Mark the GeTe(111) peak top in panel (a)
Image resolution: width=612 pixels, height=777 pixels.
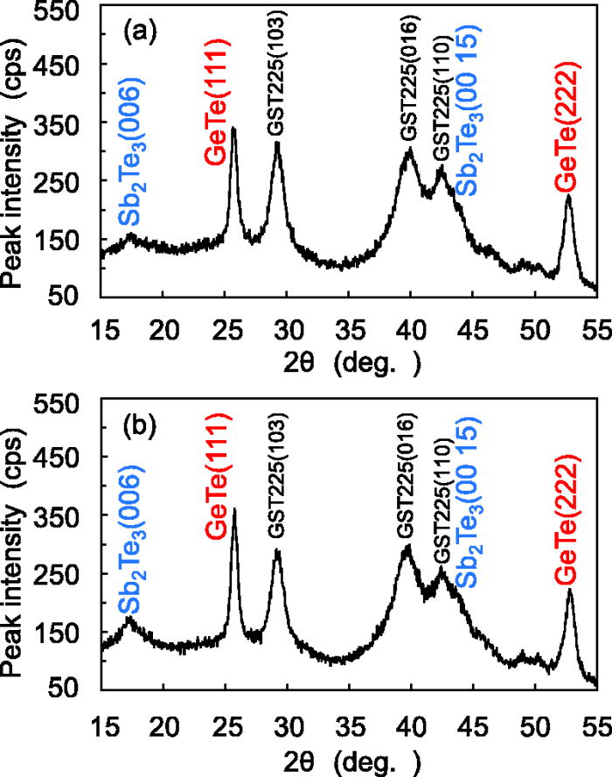coord(233,129)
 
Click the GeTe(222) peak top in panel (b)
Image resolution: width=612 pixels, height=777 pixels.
coord(570,591)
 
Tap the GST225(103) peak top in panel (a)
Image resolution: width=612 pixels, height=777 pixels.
coord(277,143)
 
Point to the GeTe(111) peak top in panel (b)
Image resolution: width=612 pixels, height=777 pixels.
coord(233,509)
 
